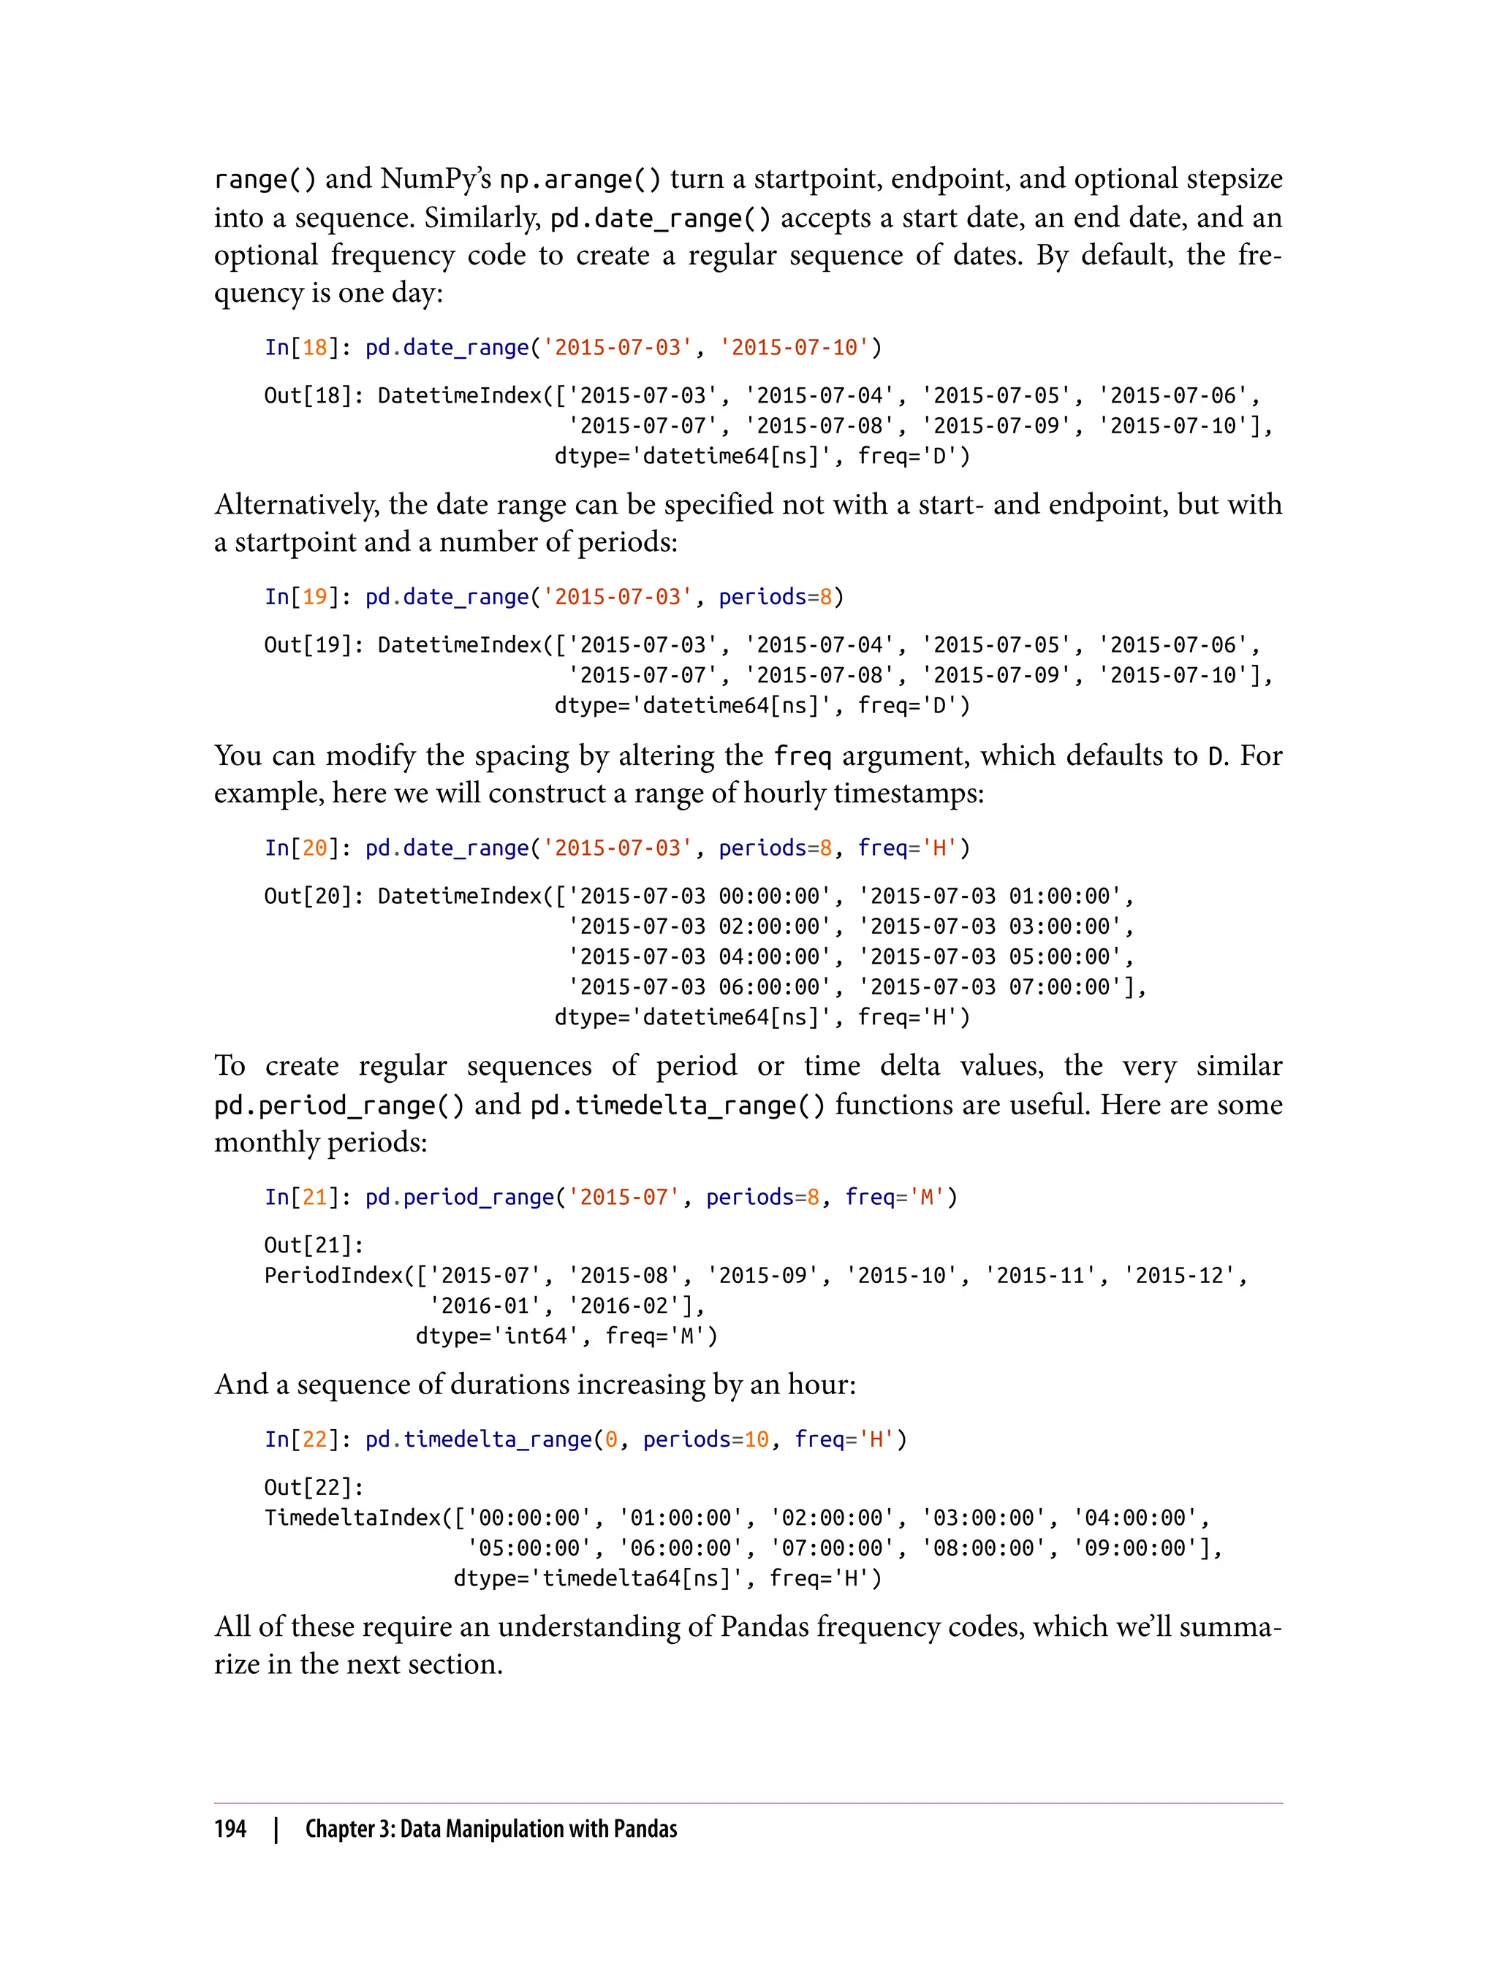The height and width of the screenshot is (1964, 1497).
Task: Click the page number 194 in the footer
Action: pyautogui.click(x=230, y=1829)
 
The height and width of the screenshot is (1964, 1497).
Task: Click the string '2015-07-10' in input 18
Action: pyautogui.click(x=794, y=347)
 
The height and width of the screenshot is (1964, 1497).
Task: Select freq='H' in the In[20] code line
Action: pyautogui.click(x=907, y=848)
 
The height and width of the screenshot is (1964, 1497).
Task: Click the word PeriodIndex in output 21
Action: pyautogui.click(x=333, y=1276)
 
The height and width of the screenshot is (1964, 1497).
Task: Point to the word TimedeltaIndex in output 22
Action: pyautogui.click(x=353, y=1518)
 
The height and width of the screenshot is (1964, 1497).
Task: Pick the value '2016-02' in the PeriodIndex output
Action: pyautogui.click(x=631, y=1306)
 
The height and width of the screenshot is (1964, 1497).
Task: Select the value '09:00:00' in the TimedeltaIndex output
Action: pyautogui.click(x=1135, y=1548)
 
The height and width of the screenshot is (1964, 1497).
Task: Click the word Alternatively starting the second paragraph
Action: pyautogui.click(x=297, y=505)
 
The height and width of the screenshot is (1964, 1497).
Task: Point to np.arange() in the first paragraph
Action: pyautogui.click(x=579, y=179)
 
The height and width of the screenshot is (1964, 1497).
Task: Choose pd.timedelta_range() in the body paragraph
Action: pyautogui.click(x=677, y=1105)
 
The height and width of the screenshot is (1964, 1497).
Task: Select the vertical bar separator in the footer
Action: pyautogui.click(x=276, y=1829)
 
